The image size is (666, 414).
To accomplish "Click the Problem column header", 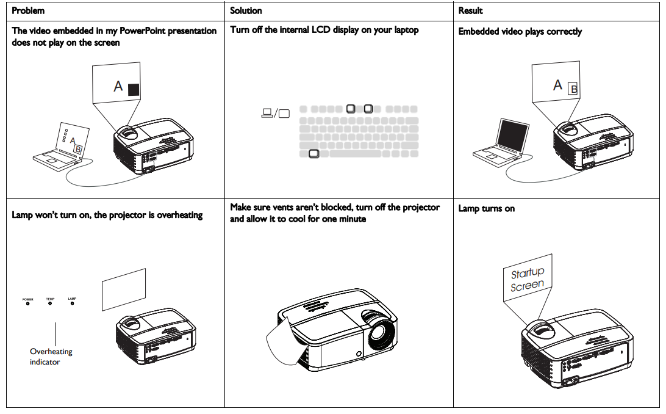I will [28, 11].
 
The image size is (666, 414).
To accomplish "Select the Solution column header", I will [246, 11].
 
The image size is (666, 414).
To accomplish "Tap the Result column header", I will [470, 11].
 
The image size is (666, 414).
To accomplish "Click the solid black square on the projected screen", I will [134, 89].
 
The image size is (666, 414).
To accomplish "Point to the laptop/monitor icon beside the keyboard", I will [274, 112].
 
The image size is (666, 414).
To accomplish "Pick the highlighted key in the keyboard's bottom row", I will [313, 154].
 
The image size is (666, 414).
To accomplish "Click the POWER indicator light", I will [27, 304].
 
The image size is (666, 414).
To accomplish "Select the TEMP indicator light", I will [50, 304].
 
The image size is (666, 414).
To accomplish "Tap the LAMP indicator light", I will [72, 304].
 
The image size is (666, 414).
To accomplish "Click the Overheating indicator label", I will [51, 357].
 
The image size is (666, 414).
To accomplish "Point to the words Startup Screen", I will [528, 279].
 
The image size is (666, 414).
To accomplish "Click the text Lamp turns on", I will [486, 209].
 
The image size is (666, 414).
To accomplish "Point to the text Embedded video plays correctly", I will [520, 32].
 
